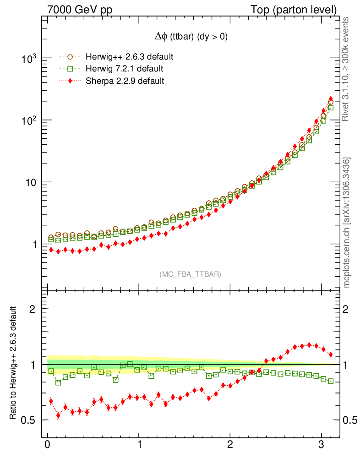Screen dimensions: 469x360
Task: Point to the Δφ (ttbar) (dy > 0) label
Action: [x=191, y=38]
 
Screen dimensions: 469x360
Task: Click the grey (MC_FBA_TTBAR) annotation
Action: [x=191, y=274]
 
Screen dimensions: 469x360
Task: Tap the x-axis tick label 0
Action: [x=48, y=445]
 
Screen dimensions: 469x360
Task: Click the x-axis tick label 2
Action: [x=230, y=445]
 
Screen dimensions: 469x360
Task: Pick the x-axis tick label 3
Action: [x=322, y=445]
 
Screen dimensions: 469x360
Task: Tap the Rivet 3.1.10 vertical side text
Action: [x=346, y=69]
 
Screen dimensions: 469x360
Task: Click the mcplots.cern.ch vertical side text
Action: [x=346, y=222]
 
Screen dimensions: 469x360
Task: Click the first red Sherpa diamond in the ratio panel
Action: [x=51, y=401]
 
